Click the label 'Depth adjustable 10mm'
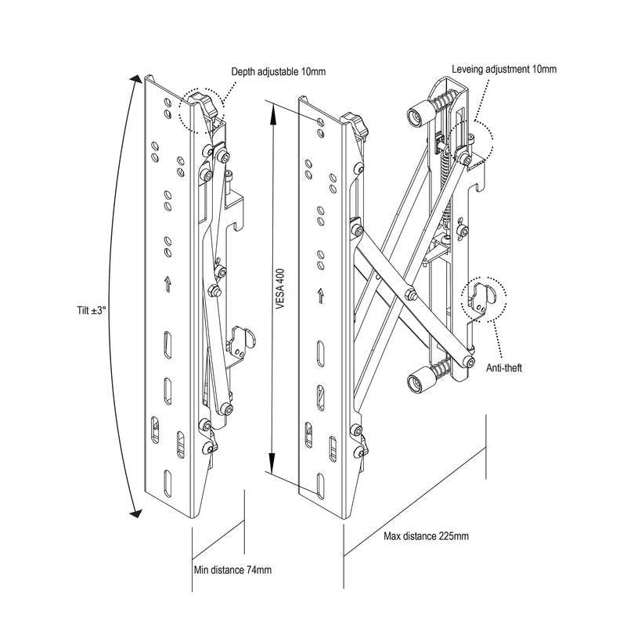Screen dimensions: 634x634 [278, 72]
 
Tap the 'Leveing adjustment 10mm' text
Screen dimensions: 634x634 [504, 70]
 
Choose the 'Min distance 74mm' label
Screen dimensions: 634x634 [232, 570]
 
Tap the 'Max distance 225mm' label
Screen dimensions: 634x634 [426, 536]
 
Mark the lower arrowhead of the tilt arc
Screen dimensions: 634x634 [135, 513]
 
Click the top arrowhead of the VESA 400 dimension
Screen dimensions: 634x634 [271, 110]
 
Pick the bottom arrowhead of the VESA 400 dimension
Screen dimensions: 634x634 [271, 469]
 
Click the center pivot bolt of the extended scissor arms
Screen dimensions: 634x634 [408, 295]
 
